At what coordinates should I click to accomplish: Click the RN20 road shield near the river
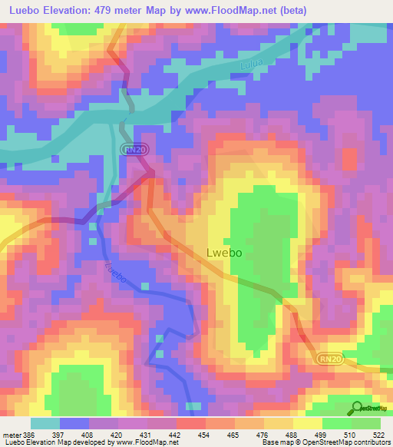click(135, 150)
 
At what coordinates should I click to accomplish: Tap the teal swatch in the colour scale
click(45, 423)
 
